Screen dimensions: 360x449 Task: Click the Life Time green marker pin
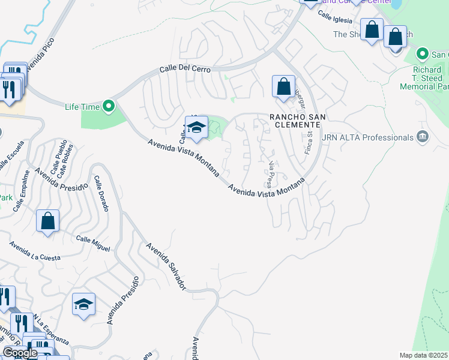pos(109,107)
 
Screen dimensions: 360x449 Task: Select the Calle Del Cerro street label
pos(185,70)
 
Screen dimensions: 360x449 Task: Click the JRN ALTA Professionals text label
pos(367,137)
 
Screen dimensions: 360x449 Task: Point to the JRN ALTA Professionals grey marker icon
pos(422,137)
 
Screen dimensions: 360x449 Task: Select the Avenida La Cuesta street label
pos(35,251)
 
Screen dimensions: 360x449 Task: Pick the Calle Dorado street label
pos(101,193)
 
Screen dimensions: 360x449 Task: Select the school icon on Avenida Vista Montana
pos(196,128)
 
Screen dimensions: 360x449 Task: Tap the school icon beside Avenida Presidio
pos(84,305)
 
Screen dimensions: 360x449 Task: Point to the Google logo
pos(20,353)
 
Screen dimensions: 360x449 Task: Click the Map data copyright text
pos(423,355)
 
